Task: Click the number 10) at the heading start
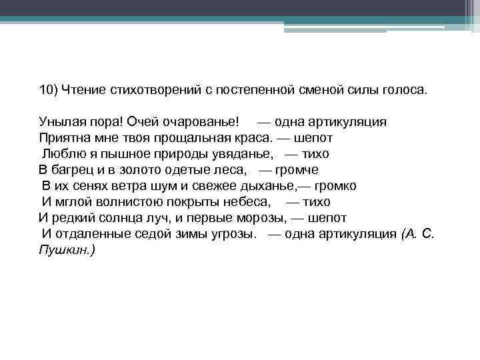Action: coord(48,90)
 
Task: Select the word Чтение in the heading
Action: coord(81,90)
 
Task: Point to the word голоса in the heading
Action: coord(399,90)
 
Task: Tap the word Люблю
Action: coord(61,154)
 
